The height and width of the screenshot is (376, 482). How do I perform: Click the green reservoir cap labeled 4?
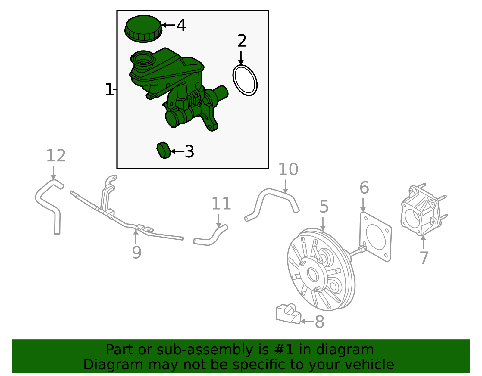[143, 29]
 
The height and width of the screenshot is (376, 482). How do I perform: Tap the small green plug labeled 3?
[164, 150]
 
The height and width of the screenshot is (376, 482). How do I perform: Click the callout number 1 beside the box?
[109, 90]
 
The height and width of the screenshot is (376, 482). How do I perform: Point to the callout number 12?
[56, 156]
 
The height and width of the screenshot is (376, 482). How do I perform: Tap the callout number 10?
[288, 169]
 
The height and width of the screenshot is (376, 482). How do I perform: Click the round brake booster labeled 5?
[321, 271]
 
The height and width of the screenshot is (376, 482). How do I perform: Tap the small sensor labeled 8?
[288, 314]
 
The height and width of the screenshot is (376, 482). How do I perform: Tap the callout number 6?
[364, 188]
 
